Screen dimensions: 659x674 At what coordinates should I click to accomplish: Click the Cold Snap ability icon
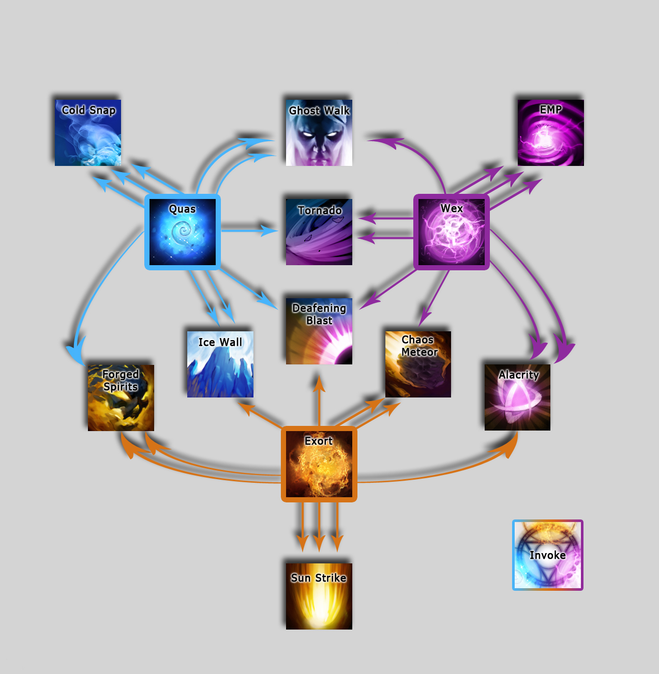coord(88,133)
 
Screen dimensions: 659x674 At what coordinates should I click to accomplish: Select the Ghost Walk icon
coord(319,133)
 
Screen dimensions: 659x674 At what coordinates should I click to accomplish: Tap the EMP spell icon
coord(550,133)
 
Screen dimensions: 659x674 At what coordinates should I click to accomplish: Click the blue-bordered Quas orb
coord(183,232)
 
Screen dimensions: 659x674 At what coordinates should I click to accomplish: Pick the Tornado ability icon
coord(319,232)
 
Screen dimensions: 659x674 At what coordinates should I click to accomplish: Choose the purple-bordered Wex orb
coord(452,232)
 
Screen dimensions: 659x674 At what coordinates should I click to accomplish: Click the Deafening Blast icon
coord(319,331)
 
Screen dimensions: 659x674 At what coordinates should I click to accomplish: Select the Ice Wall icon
coord(220,364)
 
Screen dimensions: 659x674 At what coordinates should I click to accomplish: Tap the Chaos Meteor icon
coord(418,364)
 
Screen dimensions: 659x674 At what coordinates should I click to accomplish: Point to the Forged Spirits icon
coord(121,397)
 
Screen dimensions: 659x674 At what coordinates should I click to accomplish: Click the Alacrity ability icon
coord(517,397)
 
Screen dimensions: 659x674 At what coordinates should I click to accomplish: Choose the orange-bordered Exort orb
coord(319,464)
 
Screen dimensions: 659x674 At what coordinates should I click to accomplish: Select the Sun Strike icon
coord(319,596)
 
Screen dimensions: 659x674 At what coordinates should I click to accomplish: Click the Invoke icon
coord(548,555)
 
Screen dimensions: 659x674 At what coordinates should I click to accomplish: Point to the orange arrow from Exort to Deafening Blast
coord(319,400)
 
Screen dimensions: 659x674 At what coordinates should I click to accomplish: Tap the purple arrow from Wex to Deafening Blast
coord(387,289)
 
